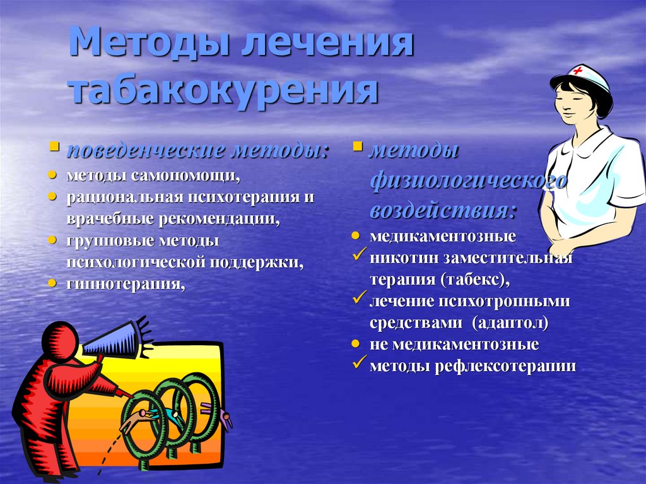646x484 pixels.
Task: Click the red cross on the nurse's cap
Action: pos(577,70)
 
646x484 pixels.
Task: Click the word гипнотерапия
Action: pos(127,283)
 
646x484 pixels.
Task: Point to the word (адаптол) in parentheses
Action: pos(509,323)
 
